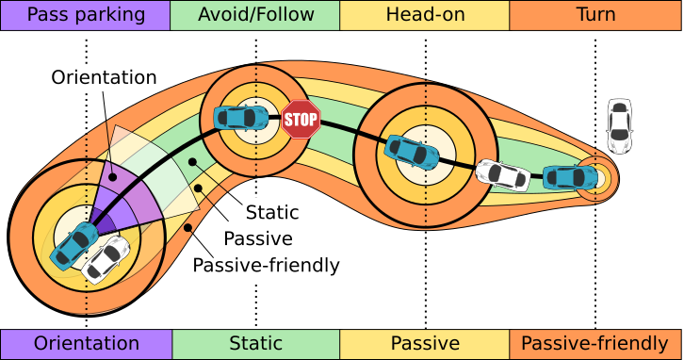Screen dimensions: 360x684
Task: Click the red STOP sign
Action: [301, 120]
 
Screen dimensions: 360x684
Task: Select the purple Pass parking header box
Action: [86, 15]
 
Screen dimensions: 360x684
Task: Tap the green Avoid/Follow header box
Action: [255, 15]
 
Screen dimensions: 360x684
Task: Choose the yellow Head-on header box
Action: [425, 15]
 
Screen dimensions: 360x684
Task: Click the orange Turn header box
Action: [595, 15]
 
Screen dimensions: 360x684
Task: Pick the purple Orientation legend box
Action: [86, 344]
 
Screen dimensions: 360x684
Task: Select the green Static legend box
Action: [255, 344]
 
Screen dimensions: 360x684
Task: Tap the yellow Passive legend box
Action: [425, 344]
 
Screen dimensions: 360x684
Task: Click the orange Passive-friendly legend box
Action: [595, 344]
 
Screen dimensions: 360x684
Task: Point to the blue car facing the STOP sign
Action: [241, 118]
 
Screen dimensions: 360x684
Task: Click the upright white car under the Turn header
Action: [619, 124]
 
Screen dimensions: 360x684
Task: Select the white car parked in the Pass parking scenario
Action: [106, 259]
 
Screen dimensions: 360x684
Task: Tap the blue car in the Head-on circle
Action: [411, 152]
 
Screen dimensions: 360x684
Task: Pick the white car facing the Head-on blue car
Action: [501, 173]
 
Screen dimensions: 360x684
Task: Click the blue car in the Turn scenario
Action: [570, 176]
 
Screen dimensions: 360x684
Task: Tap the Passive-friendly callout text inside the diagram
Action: [266, 265]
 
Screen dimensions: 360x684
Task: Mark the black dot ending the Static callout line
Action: [192, 162]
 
